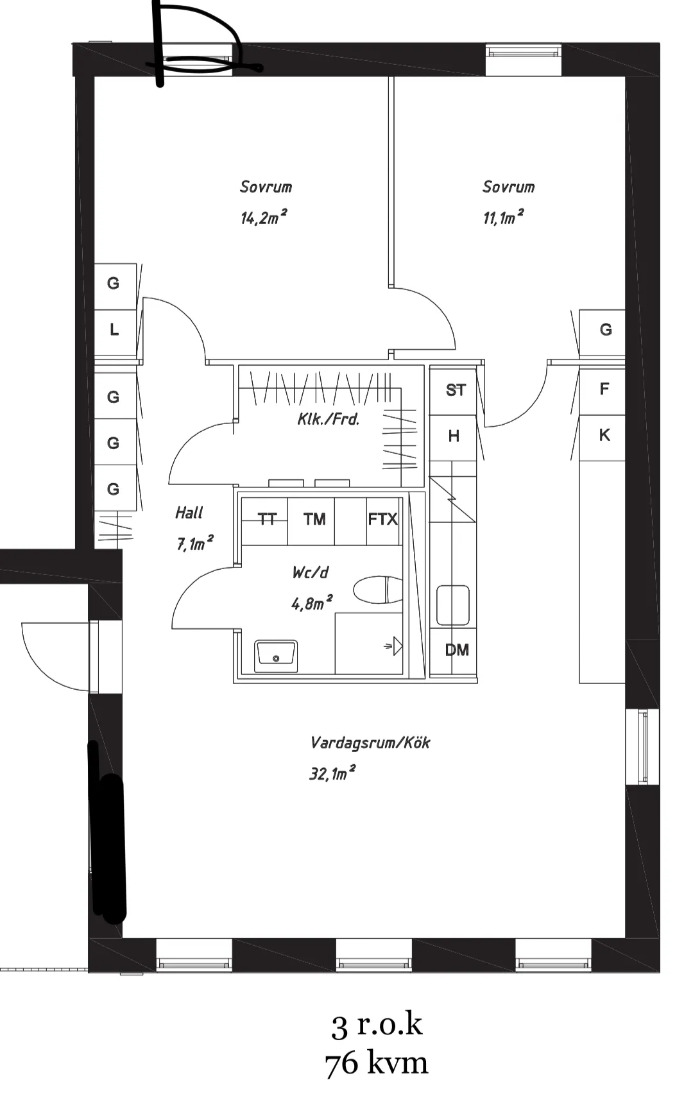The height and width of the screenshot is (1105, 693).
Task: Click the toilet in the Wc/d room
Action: point(378,590)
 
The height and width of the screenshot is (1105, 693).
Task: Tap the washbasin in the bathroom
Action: point(276,655)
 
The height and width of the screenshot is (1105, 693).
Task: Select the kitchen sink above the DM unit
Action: point(453,606)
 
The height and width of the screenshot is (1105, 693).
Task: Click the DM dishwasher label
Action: point(457,650)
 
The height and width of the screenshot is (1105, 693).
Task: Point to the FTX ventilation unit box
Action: point(383,520)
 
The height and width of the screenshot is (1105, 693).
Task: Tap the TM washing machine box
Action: point(314,520)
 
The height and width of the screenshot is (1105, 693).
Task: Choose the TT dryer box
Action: point(265,520)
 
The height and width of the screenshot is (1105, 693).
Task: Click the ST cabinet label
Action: point(456,390)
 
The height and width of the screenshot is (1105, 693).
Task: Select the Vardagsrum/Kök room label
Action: point(370,743)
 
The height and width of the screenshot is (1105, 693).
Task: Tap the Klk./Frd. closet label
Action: point(329,420)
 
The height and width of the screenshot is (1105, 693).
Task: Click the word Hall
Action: point(189,513)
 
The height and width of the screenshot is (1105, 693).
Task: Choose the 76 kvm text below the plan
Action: point(376,1064)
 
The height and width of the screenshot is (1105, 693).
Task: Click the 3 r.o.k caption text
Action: point(377,1025)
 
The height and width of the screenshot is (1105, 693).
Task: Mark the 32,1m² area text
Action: point(332,773)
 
